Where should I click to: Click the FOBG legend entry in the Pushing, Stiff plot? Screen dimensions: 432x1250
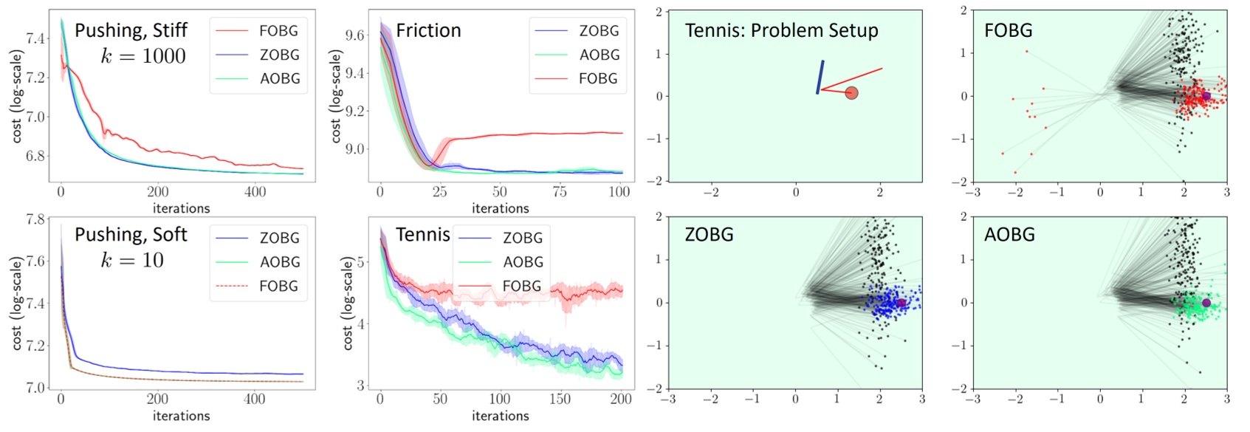coord(278,31)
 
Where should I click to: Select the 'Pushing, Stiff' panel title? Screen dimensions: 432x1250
coord(131,30)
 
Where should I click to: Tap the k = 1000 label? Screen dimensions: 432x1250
coord(143,56)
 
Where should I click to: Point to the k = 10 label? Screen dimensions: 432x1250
coord(132,260)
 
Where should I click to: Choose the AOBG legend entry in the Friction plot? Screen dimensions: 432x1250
coord(598,55)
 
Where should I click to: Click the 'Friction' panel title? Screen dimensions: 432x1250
coord(428,30)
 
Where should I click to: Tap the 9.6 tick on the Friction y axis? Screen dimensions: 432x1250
coord(354,35)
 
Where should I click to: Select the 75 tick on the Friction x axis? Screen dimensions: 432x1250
coord(559,192)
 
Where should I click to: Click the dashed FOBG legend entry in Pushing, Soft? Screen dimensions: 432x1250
coord(278,286)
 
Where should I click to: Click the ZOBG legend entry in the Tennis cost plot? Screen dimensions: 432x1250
coord(522,238)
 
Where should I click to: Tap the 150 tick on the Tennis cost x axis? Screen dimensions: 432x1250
coord(559,399)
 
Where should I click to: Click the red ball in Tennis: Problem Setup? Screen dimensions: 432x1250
coord(851,93)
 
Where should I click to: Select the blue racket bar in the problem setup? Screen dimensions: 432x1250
coord(820,77)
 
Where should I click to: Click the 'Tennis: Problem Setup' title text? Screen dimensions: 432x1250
coord(781,30)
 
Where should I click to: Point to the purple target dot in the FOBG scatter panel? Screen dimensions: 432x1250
coord(1206,96)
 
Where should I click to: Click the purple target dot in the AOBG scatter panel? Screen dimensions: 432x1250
coord(1206,303)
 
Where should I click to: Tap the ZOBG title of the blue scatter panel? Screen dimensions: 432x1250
coord(709,235)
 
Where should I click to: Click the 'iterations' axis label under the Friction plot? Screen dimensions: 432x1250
coord(500,208)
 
